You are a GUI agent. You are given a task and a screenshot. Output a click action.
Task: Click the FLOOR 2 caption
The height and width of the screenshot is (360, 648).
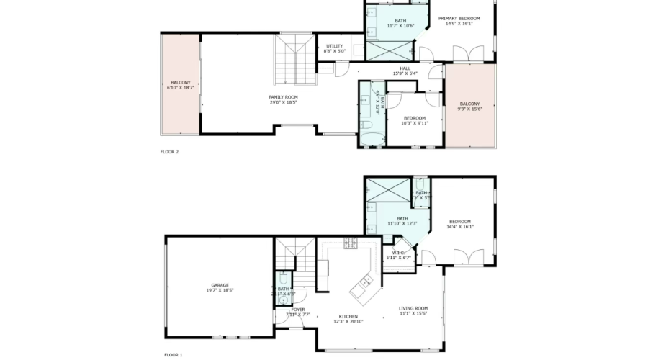(169, 152)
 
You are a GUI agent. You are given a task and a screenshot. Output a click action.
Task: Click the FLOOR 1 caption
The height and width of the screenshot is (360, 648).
(174, 355)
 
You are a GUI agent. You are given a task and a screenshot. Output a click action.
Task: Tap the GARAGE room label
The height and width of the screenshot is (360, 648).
(220, 285)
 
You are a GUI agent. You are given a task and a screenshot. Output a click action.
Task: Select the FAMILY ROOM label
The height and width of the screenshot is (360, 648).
(283, 97)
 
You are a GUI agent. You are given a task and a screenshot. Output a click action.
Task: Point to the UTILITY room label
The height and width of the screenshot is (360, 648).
(334, 46)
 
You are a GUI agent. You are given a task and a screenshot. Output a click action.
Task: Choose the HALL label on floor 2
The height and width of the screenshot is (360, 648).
(405, 68)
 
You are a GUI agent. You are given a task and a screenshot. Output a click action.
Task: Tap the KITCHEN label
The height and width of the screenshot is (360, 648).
(348, 316)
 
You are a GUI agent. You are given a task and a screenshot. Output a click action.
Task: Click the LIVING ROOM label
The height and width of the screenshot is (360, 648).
(413, 308)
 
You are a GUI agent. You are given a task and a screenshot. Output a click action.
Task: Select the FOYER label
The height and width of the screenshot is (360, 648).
(297, 310)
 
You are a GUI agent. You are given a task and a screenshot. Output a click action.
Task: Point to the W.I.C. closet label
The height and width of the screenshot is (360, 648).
(398, 252)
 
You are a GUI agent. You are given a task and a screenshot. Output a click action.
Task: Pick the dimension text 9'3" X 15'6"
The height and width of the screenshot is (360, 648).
(469, 109)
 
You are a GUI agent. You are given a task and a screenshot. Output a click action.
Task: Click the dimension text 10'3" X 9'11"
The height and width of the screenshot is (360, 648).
(414, 123)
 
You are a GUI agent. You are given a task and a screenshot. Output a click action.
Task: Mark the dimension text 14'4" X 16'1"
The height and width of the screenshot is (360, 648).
(460, 227)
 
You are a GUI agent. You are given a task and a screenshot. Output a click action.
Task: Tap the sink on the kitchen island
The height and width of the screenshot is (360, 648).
(366, 280)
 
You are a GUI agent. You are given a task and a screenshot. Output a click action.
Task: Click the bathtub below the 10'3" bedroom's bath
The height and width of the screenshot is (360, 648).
(372, 134)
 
